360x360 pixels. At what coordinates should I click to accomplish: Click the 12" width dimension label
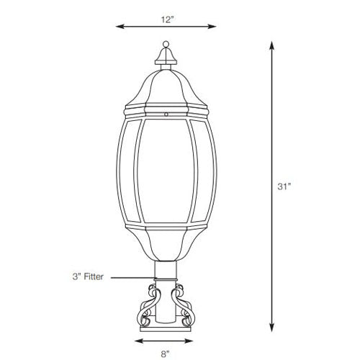(168, 20)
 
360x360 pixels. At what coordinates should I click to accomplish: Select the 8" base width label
(166, 354)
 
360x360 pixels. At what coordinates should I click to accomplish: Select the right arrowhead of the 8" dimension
(197, 341)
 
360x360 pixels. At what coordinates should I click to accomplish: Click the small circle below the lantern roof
(167, 113)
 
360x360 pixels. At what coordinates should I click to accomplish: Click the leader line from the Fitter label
(133, 277)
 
